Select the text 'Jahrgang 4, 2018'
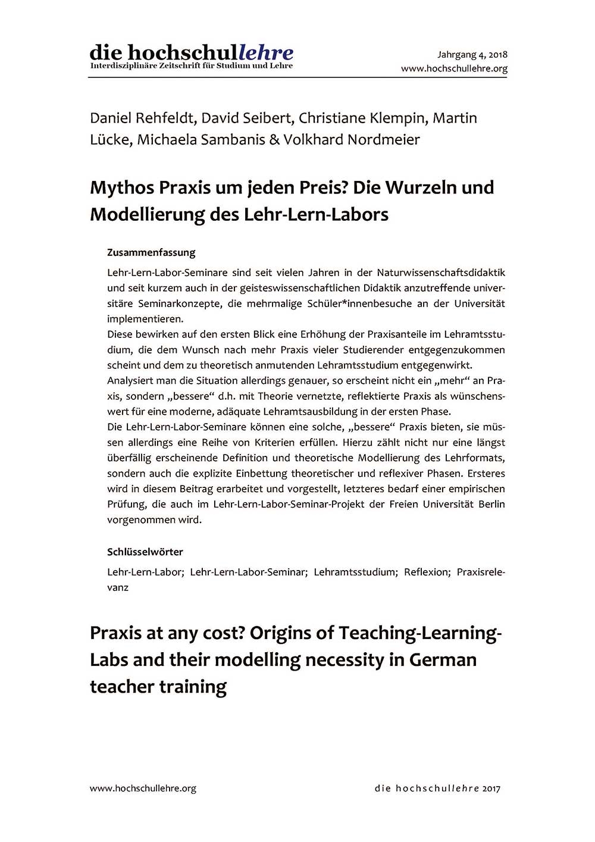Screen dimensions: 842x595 [x=472, y=55]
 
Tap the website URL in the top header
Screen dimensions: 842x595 [x=454, y=68]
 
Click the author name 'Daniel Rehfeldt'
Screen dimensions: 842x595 [x=142, y=118]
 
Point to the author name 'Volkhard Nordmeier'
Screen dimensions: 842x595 [x=352, y=140]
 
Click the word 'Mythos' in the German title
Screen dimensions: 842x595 [x=122, y=187]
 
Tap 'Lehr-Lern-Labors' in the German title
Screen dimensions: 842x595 [x=316, y=214]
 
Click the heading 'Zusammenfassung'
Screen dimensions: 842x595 [x=151, y=252]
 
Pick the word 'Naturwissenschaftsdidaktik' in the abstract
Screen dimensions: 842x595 [x=441, y=273]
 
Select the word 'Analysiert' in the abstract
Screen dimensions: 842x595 [x=131, y=381]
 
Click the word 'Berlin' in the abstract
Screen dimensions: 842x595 [x=491, y=504]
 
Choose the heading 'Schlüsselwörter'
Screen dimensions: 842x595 [x=145, y=552]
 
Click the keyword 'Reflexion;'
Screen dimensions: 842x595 [x=427, y=572]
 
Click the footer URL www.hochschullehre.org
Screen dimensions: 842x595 [x=143, y=788]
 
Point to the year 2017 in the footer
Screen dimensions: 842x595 [x=492, y=788]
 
